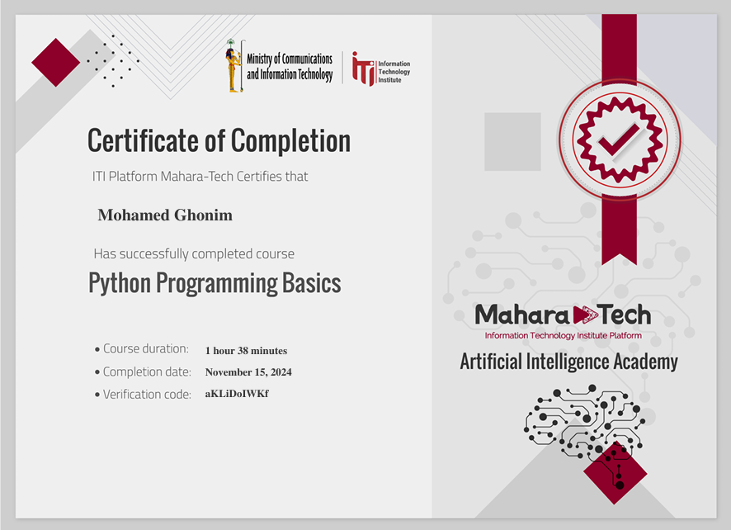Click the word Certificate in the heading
coord(143,140)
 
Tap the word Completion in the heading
coord(291,140)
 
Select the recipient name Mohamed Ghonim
coord(165,215)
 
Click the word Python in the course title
coord(120,284)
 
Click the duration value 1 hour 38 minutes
coord(246,350)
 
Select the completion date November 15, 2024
coord(248,371)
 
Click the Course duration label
coord(146,348)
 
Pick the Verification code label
coord(147,395)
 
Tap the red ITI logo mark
coord(364,69)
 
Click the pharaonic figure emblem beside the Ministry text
coord(234,66)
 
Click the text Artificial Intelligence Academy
coord(568,362)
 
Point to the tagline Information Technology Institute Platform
coord(564,335)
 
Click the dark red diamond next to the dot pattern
coord(56,63)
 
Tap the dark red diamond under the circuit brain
coord(615,472)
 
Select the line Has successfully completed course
coord(194,253)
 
